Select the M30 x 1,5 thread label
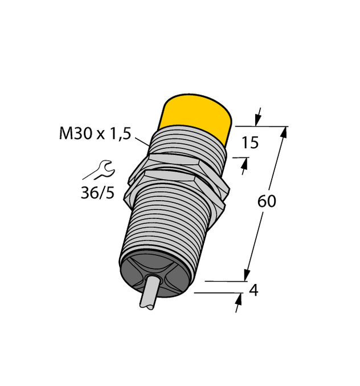point(95,135)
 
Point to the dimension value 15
point(250,143)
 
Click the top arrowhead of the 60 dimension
point(284,132)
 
